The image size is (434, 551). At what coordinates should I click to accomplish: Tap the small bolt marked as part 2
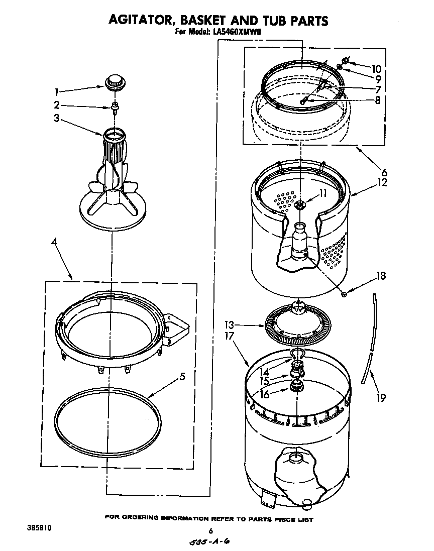click(115, 106)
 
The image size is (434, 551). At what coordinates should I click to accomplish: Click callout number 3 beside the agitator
click(57, 119)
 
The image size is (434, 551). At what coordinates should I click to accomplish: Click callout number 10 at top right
click(376, 69)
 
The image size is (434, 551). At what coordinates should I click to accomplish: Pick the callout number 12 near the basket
click(382, 183)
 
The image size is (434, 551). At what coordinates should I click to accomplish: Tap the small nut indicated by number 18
click(344, 293)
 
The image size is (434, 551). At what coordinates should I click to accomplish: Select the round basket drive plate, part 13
click(298, 326)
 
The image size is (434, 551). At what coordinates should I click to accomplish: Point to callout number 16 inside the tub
click(265, 395)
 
